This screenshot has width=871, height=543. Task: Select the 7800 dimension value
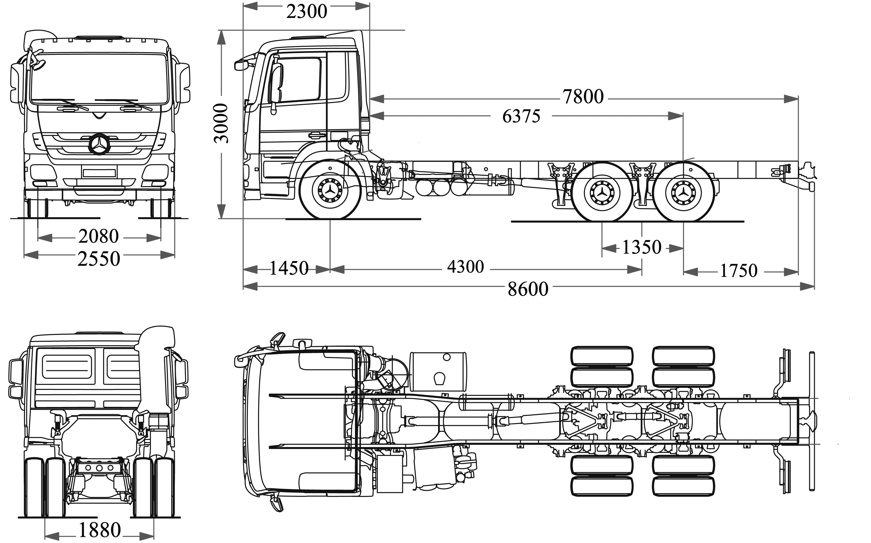pyautogui.click(x=583, y=97)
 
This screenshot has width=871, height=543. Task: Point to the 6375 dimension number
pyautogui.click(x=521, y=116)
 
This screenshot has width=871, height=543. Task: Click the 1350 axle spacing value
pyautogui.click(x=641, y=248)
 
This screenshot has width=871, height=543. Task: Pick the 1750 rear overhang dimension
pyautogui.click(x=738, y=271)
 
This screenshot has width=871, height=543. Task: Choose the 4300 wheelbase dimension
pyautogui.click(x=465, y=267)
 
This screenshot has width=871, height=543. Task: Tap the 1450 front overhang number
pyautogui.click(x=289, y=268)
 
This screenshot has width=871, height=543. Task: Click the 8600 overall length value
pyautogui.click(x=527, y=289)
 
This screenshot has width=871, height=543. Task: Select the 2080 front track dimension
pyautogui.click(x=99, y=236)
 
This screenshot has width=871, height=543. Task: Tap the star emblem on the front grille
pyautogui.click(x=99, y=144)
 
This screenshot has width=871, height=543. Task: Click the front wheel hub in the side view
pyautogui.click(x=330, y=190)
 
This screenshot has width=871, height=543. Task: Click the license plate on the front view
pyautogui.click(x=99, y=173)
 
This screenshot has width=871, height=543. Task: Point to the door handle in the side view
pyautogui.click(x=315, y=135)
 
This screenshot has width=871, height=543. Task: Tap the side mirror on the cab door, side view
pyautogui.click(x=276, y=83)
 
